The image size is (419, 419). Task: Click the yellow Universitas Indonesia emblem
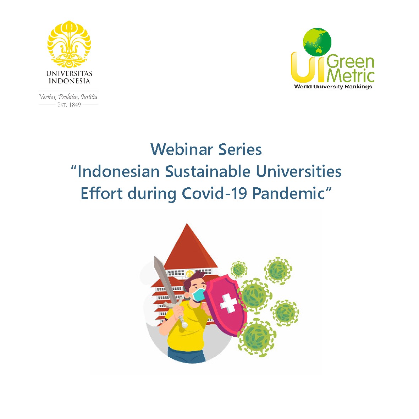click(x=69, y=44)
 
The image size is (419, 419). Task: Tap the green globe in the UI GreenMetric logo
click(x=317, y=42)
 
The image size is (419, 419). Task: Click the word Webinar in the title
click(x=182, y=149)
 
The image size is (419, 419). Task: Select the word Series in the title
click(x=240, y=149)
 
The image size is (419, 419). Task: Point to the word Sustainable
click(x=208, y=171)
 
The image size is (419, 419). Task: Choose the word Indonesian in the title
click(x=118, y=171)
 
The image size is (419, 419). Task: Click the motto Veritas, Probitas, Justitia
click(x=68, y=97)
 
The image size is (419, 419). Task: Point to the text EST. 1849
click(x=69, y=105)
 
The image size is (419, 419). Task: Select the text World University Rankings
click(x=333, y=87)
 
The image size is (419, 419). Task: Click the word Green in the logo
click(x=350, y=62)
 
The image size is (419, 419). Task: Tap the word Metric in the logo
click(x=350, y=76)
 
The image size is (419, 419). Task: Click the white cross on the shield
click(x=228, y=303)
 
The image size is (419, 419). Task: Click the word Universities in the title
click(x=299, y=171)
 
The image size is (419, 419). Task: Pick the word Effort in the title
click(x=102, y=193)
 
